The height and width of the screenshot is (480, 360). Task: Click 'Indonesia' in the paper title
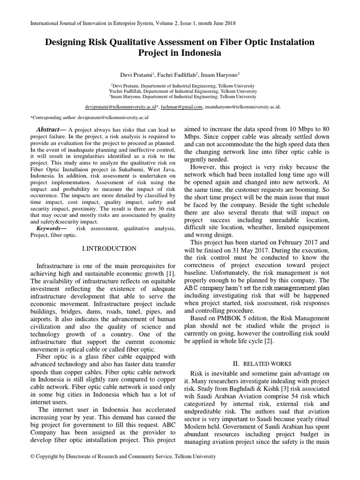pyautogui.click(x=197, y=53)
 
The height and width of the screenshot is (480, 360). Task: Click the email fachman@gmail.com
pyautogui.click(x=182, y=107)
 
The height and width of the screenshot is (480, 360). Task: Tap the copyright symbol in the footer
pyautogui.click(x=32, y=456)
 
